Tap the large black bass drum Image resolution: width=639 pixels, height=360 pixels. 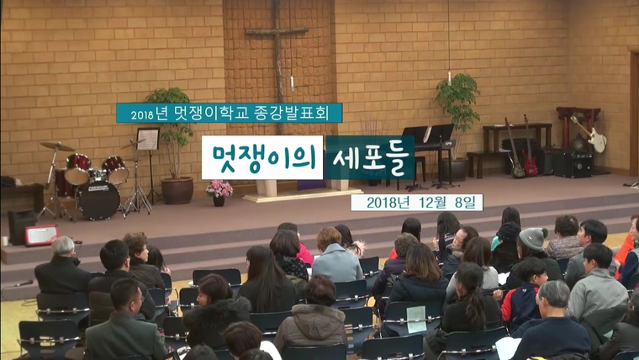point(98,200)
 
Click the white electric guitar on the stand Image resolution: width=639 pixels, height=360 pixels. point(590,134)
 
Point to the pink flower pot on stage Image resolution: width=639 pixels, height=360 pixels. point(219,193)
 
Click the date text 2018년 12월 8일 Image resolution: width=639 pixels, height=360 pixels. point(416,203)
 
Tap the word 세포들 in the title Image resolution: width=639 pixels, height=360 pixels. point(370,158)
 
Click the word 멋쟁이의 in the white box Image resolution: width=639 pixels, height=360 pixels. point(262,157)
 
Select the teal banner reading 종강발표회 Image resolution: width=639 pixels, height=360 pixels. point(229,113)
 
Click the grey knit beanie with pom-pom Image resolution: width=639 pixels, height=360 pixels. point(533,238)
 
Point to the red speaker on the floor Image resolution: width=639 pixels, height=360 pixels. point(41,236)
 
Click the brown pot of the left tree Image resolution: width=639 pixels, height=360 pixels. point(177,190)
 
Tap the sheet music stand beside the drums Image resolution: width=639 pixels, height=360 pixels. point(148,140)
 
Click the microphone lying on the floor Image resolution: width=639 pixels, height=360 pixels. point(24,283)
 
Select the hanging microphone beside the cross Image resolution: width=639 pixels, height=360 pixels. point(292,82)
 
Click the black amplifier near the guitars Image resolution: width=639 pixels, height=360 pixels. point(573,164)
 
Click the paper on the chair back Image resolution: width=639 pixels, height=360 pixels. point(416,319)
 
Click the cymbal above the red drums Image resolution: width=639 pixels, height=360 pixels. point(57,146)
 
